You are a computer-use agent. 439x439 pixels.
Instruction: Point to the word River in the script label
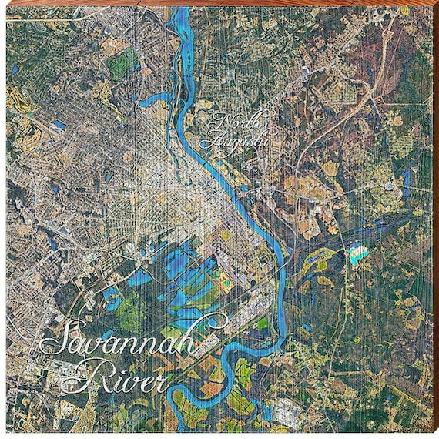[124, 376]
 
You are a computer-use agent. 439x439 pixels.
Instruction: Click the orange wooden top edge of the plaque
[219, 3]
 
